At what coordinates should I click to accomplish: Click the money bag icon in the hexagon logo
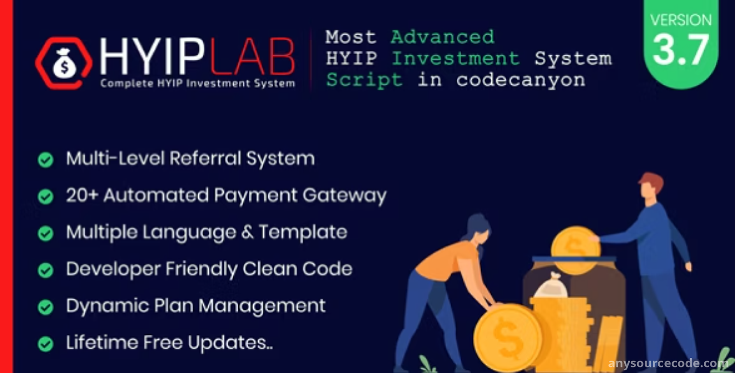(x=64, y=64)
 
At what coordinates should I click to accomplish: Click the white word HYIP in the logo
(x=152, y=56)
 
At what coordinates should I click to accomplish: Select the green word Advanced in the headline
(x=443, y=37)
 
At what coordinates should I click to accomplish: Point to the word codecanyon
(x=521, y=81)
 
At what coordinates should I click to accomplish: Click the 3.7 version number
(x=680, y=50)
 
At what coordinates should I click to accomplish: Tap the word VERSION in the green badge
(x=681, y=20)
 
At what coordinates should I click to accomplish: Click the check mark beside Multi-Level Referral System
(x=46, y=160)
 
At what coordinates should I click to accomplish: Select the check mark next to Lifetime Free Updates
(x=46, y=344)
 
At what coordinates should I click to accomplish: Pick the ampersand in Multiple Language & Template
(x=247, y=232)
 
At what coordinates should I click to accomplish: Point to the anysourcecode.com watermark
(x=668, y=363)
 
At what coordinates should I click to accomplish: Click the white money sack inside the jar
(x=551, y=286)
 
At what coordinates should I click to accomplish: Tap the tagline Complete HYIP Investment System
(x=197, y=83)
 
